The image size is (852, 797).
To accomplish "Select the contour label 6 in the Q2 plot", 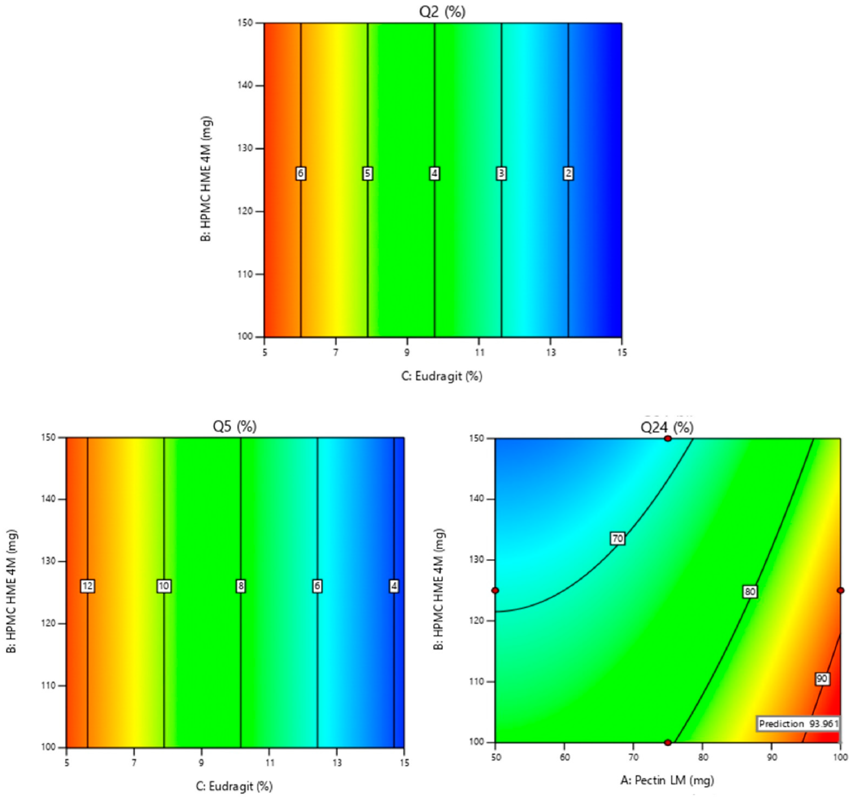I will (x=301, y=173).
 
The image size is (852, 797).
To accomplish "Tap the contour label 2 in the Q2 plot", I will (x=568, y=173).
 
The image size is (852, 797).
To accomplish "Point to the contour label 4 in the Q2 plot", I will (x=435, y=173).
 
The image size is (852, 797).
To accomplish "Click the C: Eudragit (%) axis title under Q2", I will (x=442, y=376).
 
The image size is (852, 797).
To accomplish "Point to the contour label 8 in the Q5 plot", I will (x=241, y=586).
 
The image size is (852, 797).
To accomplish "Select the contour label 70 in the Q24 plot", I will (x=618, y=538).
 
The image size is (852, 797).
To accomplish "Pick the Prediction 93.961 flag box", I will (x=798, y=724).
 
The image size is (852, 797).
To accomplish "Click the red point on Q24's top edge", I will (x=668, y=439).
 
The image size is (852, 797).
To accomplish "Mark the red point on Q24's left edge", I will (x=495, y=591).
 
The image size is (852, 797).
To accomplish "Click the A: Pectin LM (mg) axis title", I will (x=667, y=780).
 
